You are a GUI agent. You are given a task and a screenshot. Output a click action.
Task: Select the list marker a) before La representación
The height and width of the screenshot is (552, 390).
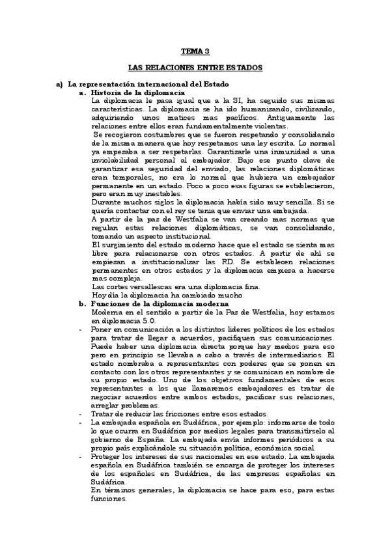pos(59,85)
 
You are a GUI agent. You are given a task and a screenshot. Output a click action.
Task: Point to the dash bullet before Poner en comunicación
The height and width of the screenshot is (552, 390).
pos(79,329)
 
